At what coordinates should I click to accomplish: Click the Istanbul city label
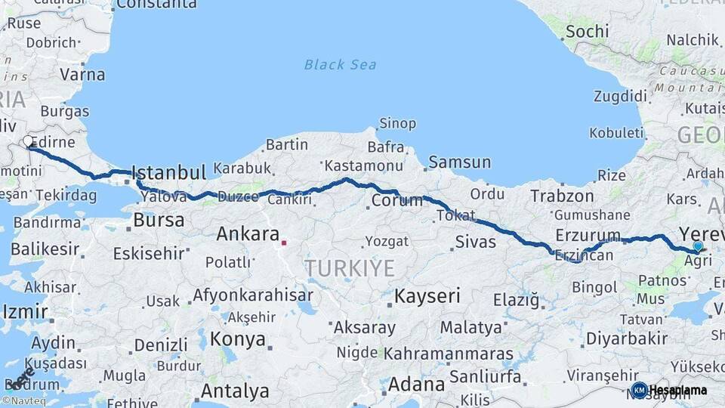(168, 172)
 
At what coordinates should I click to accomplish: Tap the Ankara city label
(248, 234)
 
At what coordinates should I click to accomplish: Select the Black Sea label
(340, 64)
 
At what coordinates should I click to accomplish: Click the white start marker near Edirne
(28, 141)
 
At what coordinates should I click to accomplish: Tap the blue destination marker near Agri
(698, 246)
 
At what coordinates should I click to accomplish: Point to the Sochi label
(586, 31)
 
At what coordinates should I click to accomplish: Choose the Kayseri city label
(427, 295)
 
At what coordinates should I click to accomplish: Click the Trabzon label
(562, 196)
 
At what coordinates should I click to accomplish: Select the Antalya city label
(235, 391)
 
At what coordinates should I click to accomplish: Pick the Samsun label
(459, 162)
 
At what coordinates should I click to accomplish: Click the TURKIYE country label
(350, 267)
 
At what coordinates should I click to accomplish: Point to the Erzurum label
(588, 235)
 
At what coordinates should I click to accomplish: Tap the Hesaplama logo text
(678, 390)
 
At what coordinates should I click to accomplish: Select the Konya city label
(237, 339)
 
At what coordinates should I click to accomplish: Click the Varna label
(82, 75)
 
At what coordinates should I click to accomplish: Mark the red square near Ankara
(284, 243)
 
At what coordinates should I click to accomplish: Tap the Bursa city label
(159, 221)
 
